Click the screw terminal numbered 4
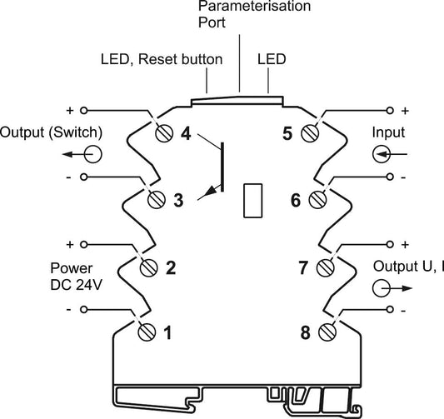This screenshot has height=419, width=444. pos(164,133)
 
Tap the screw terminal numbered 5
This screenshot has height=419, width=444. pos(310,133)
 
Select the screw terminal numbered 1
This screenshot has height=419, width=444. pos(147,332)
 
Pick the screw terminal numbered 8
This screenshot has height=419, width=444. pos(327,332)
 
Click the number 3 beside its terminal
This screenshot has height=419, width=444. pos(178,200)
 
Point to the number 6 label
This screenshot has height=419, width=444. pos(296,200)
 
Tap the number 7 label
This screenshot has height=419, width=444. pos(303,267)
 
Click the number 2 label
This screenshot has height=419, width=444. pos(171,267)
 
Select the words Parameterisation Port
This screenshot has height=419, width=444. pos(254,14)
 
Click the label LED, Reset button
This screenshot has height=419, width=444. pos(162,59)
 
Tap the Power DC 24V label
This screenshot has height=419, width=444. pos(76,277)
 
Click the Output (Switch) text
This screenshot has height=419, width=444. pos(51,132)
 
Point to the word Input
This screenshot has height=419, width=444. pos(388,132)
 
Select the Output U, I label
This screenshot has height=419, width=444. pos(408,267)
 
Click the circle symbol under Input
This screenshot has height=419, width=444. pos(382,154)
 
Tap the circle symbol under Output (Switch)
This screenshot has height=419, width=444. pos(92,154)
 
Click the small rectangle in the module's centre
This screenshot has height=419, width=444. pos(253,201)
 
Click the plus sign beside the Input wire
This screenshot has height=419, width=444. pos(405,111)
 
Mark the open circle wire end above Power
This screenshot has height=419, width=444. pos(83,244)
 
